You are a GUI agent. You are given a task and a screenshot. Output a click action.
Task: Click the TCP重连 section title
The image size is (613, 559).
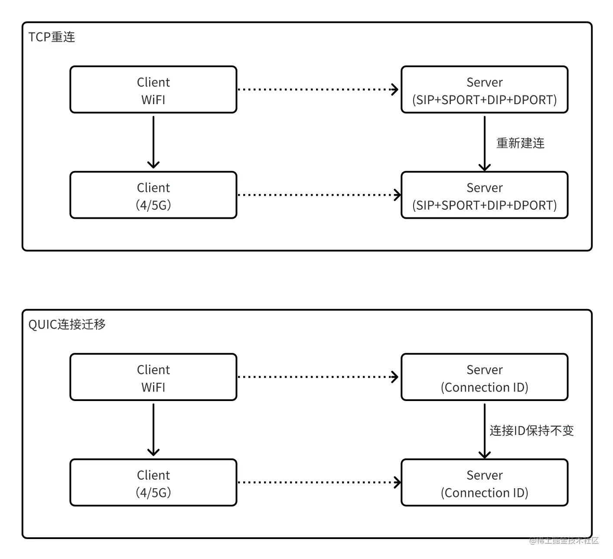coord(52,37)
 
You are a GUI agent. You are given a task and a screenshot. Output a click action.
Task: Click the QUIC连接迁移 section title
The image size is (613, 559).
coord(67,325)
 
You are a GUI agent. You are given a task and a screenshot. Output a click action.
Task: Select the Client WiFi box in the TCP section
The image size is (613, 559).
coord(153,90)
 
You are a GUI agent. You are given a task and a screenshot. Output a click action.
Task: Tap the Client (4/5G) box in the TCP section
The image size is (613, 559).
coord(153,195)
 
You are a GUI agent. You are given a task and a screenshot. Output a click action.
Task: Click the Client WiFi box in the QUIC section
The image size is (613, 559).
coord(153,377)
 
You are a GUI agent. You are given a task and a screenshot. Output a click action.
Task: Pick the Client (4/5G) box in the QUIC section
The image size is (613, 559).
coord(153,483)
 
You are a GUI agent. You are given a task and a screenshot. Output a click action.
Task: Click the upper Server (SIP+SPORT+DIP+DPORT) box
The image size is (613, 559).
coord(484,90)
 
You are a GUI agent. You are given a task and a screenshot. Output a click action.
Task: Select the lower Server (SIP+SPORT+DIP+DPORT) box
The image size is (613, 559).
coord(484,195)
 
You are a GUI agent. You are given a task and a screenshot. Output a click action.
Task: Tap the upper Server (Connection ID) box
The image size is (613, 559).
coord(484,377)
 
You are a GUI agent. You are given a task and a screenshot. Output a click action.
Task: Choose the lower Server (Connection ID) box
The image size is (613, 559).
coord(484,483)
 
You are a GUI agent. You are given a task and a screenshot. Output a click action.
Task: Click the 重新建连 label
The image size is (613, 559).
coord(520,143)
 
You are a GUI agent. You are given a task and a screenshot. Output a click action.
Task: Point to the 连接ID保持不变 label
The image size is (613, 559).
coord(531,431)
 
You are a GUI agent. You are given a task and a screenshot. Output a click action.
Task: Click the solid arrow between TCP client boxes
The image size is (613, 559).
coord(153,141)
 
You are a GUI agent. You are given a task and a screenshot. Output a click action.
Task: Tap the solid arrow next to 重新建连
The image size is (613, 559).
coord(484,142)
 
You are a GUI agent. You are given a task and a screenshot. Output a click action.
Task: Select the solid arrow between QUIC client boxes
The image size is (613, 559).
coord(153,429)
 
